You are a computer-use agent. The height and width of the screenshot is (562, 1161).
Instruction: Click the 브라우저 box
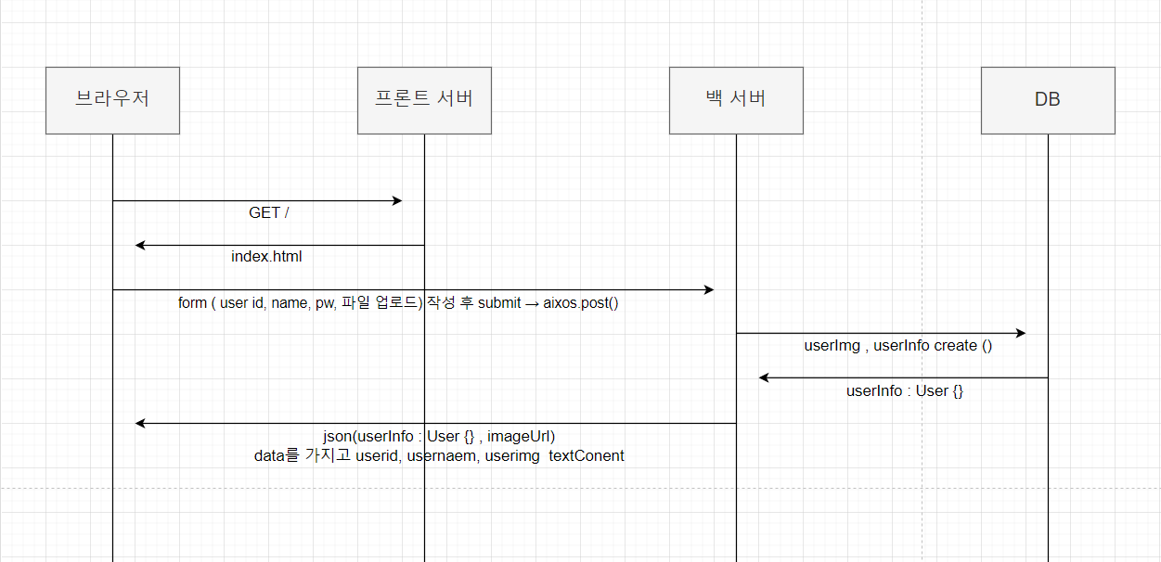tap(112, 100)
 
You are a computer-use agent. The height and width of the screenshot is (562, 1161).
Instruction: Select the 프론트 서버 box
tap(424, 100)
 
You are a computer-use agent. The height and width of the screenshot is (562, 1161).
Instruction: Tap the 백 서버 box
tap(736, 100)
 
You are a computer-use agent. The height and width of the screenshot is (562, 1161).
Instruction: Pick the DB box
tap(1048, 100)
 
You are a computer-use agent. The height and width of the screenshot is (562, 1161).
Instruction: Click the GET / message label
tap(269, 213)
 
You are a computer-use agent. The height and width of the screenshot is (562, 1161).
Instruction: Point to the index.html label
tap(266, 257)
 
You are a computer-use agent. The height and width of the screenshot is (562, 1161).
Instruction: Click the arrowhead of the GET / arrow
tap(397, 200)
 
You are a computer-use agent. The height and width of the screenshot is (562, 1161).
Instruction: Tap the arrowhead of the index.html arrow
tap(140, 245)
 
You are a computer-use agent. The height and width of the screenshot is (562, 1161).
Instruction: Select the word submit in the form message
tap(499, 303)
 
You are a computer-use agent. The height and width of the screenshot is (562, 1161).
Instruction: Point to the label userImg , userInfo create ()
tap(898, 346)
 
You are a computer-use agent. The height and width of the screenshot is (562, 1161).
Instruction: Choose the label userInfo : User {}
tap(905, 391)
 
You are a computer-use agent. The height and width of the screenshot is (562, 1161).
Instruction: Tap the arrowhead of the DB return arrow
tap(764, 377)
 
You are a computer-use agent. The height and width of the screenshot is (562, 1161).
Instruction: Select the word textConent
tap(587, 456)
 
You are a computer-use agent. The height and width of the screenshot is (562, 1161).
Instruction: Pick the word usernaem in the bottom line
tap(448, 456)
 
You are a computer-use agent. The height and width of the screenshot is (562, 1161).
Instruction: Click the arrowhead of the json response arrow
tap(140, 423)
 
